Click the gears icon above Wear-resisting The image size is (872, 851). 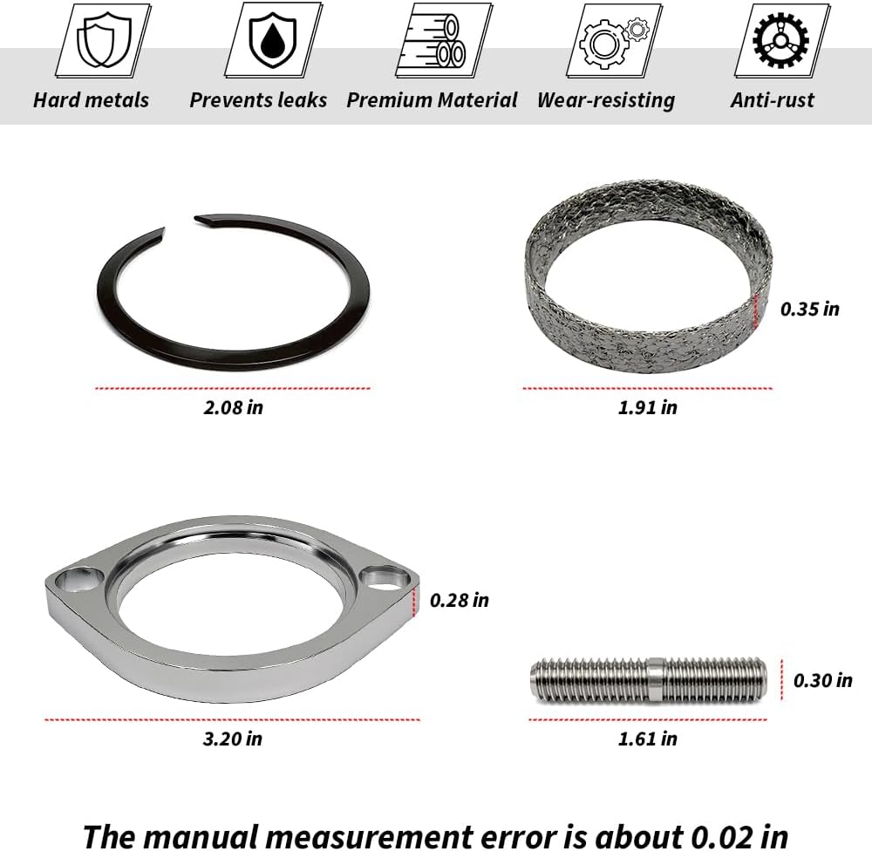(607, 40)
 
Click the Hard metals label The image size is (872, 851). (91, 100)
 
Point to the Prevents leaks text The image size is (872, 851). (258, 100)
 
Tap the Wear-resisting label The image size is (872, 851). (606, 100)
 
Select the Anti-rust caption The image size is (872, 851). (773, 100)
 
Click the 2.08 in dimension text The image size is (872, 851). (233, 407)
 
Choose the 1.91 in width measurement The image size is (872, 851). (647, 407)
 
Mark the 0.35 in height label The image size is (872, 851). (809, 309)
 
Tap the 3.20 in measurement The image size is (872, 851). (232, 739)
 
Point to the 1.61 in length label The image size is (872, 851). (647, 739)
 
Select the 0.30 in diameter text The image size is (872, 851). (822, 680)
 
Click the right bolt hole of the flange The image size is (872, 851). (385, 575)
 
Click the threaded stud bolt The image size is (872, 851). (648, 680)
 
